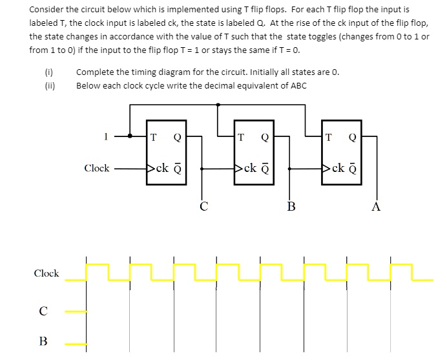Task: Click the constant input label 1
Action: click(x=105, y=136)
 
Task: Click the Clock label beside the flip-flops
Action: click(x=97, y=168)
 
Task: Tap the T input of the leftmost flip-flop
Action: click(x=153, y=136)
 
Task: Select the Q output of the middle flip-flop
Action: click(x=265, y=136)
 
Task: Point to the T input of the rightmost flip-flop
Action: click(x=330, y=136)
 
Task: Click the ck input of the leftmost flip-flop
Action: click(x=161, y=169)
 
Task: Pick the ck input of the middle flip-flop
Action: click(x=249, y=169)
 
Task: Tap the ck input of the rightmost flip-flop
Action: click(x=338, y=169)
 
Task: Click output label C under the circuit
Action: click(x=203, y=207)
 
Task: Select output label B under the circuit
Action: click(x=291, y=207)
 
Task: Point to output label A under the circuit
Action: click(x=377, y=207)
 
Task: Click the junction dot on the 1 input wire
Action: click(x=130, y=136)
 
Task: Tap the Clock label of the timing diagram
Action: click(x=47, y=273)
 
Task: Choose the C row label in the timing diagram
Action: click(x=43, y=312)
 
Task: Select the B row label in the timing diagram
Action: click(x=43, y=341)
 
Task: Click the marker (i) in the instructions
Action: click(x=48, y=72)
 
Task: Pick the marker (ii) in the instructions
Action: click(x=49, y=85)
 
